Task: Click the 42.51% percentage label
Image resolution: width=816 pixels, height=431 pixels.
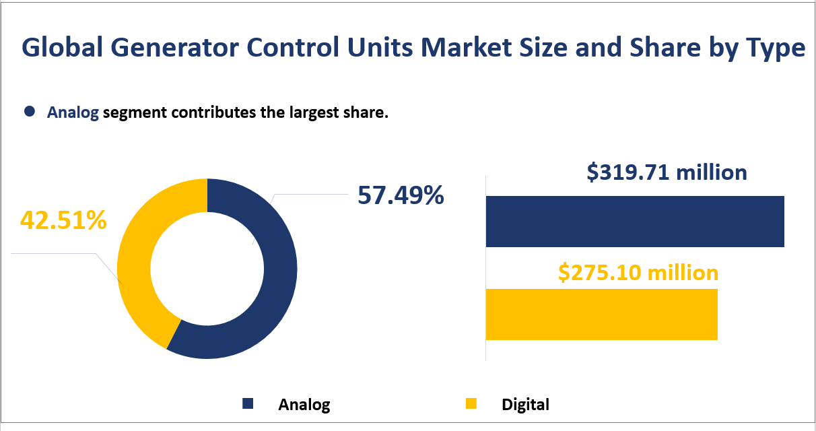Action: tap(63, 220)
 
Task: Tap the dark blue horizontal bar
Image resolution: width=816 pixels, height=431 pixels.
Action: tap(634, 222)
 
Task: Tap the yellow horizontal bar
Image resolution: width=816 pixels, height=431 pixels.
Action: tap(601, 314)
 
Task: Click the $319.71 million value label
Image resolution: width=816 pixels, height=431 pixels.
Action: tap(667, 172)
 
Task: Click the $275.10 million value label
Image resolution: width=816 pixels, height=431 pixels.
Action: tap(638, 273)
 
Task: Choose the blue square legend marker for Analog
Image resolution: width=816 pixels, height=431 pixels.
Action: tap(248, 404)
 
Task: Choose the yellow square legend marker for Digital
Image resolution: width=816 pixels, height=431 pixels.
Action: tap(471, 404)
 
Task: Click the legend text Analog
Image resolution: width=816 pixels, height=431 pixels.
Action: tap(304, 405)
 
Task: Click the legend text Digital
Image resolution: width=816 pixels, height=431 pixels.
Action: tap(525, 405)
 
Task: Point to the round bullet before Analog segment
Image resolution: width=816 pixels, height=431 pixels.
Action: tap(29, 112)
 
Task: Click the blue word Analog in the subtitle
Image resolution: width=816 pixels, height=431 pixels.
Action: tap(73, 113)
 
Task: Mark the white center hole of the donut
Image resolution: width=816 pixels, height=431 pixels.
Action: tap(207, 269)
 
